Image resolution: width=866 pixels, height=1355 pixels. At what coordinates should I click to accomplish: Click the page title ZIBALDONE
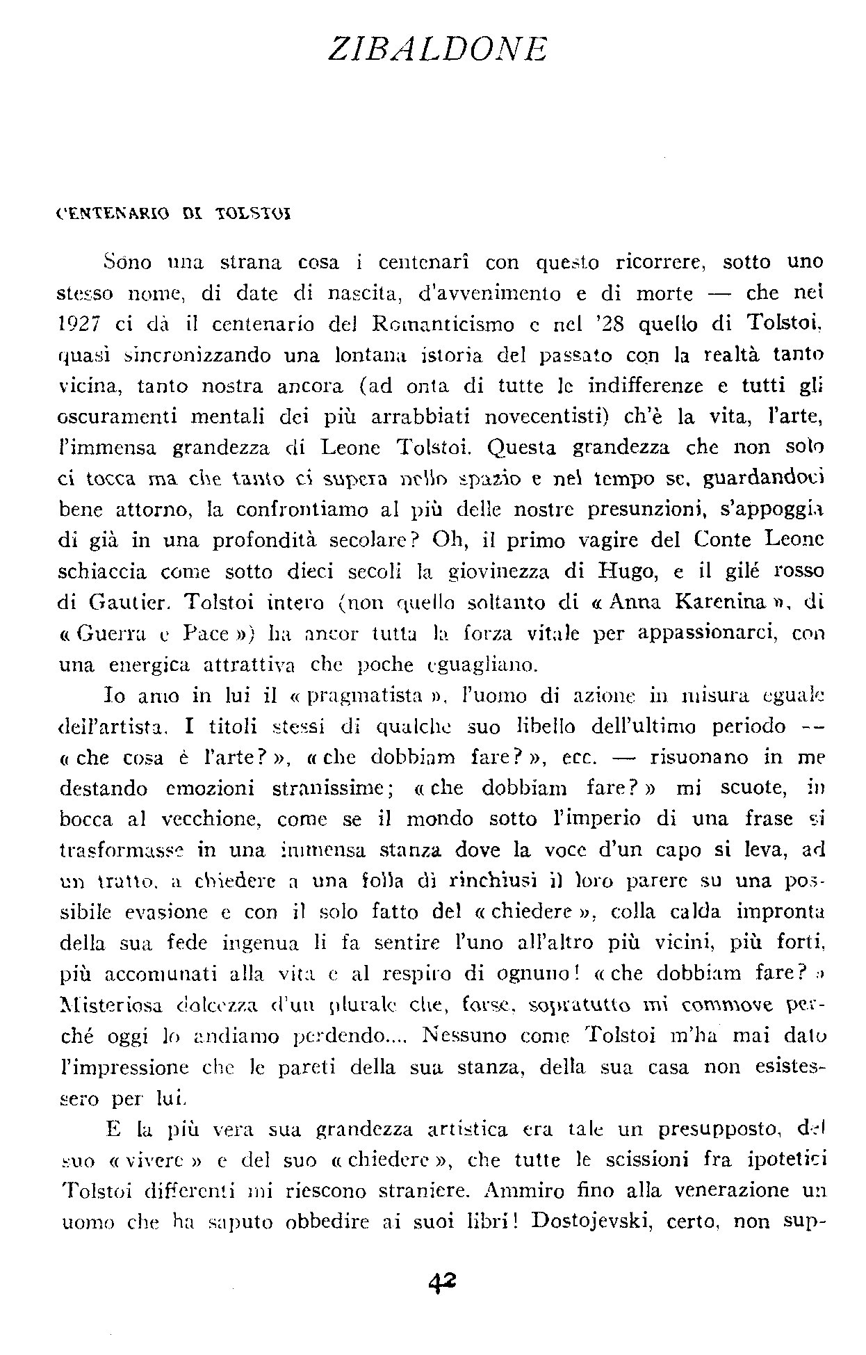coord(438,49)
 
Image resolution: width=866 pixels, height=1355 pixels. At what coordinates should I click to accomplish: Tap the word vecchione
coord(211,819)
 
